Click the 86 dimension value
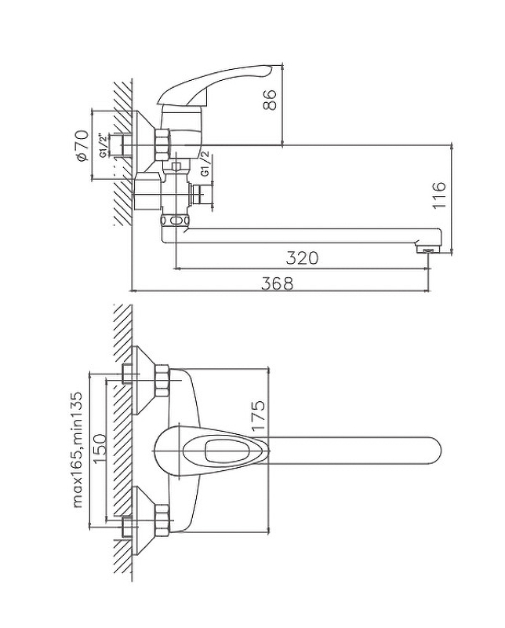[x=271, y=100]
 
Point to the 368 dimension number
[x=277, y=284]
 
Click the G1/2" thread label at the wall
[x=104, y=146]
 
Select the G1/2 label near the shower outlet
[x=205, y=167]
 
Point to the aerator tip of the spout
[x=427, y=250]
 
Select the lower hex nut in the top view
[x=163, y=520]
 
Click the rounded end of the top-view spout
[x=434, y=452]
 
